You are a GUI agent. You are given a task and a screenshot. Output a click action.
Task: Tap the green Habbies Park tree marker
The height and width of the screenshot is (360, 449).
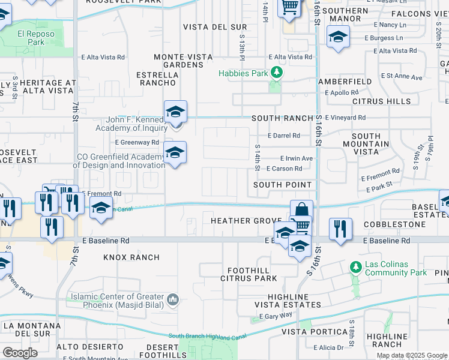pyautogui.click(x=276, y=73)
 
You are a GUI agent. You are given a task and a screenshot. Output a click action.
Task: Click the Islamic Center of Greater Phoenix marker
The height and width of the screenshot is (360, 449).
pyautogui.click(x=173, y=299)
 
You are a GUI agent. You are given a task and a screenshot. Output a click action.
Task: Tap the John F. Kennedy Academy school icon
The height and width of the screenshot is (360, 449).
pyautogui.click(x=175, y=112)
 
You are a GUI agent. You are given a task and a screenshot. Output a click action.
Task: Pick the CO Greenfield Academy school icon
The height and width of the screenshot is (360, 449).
pyautogui.click(x=175, y=153)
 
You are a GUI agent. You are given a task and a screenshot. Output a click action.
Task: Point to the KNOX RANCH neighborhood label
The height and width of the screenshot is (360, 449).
pyautogui.click(x=131, y=257)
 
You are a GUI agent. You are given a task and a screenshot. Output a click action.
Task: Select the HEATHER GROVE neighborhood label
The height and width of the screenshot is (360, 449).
pyautogui.click(x=247, y=221)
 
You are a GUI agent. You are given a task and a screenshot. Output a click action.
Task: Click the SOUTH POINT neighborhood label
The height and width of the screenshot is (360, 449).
pyautogui.click(x=282, y=185)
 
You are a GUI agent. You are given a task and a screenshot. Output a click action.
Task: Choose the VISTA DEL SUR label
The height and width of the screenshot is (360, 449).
pyautogui.click(x=206, y=27)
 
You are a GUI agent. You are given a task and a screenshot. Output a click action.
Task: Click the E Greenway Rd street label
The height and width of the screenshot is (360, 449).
pyautogui.click(x=137, y=142)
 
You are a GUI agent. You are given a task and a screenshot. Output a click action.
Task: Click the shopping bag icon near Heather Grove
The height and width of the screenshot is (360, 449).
pyautogui.click(x=301, y=210)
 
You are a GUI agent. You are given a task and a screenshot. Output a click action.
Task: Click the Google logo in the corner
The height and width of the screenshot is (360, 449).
pyautogui.click(x=20, y=352)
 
